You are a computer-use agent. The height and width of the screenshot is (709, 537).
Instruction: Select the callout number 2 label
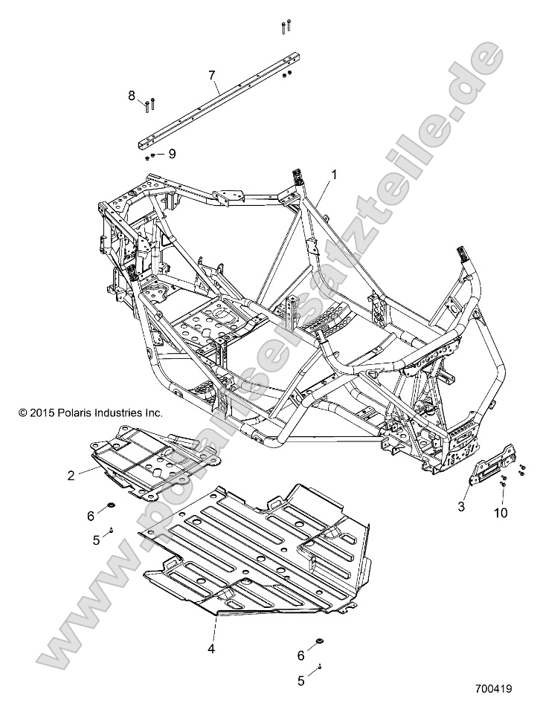click(71, 476)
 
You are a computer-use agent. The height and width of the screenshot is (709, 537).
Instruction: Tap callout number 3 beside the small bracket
click(461, 506)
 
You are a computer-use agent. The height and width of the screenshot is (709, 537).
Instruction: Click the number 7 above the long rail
click(212, 76)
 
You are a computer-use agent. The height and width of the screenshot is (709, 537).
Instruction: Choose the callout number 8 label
click(132, 95)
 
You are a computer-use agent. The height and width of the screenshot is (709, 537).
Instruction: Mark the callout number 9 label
click(172, 154)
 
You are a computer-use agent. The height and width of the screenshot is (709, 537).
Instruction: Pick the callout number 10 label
click(500, 513)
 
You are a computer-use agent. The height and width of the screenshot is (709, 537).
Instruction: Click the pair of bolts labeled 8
click(149, 104)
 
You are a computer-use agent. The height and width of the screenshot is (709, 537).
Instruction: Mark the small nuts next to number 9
click(151, 155)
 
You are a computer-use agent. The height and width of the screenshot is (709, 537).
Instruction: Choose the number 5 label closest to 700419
click(300, 679)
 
